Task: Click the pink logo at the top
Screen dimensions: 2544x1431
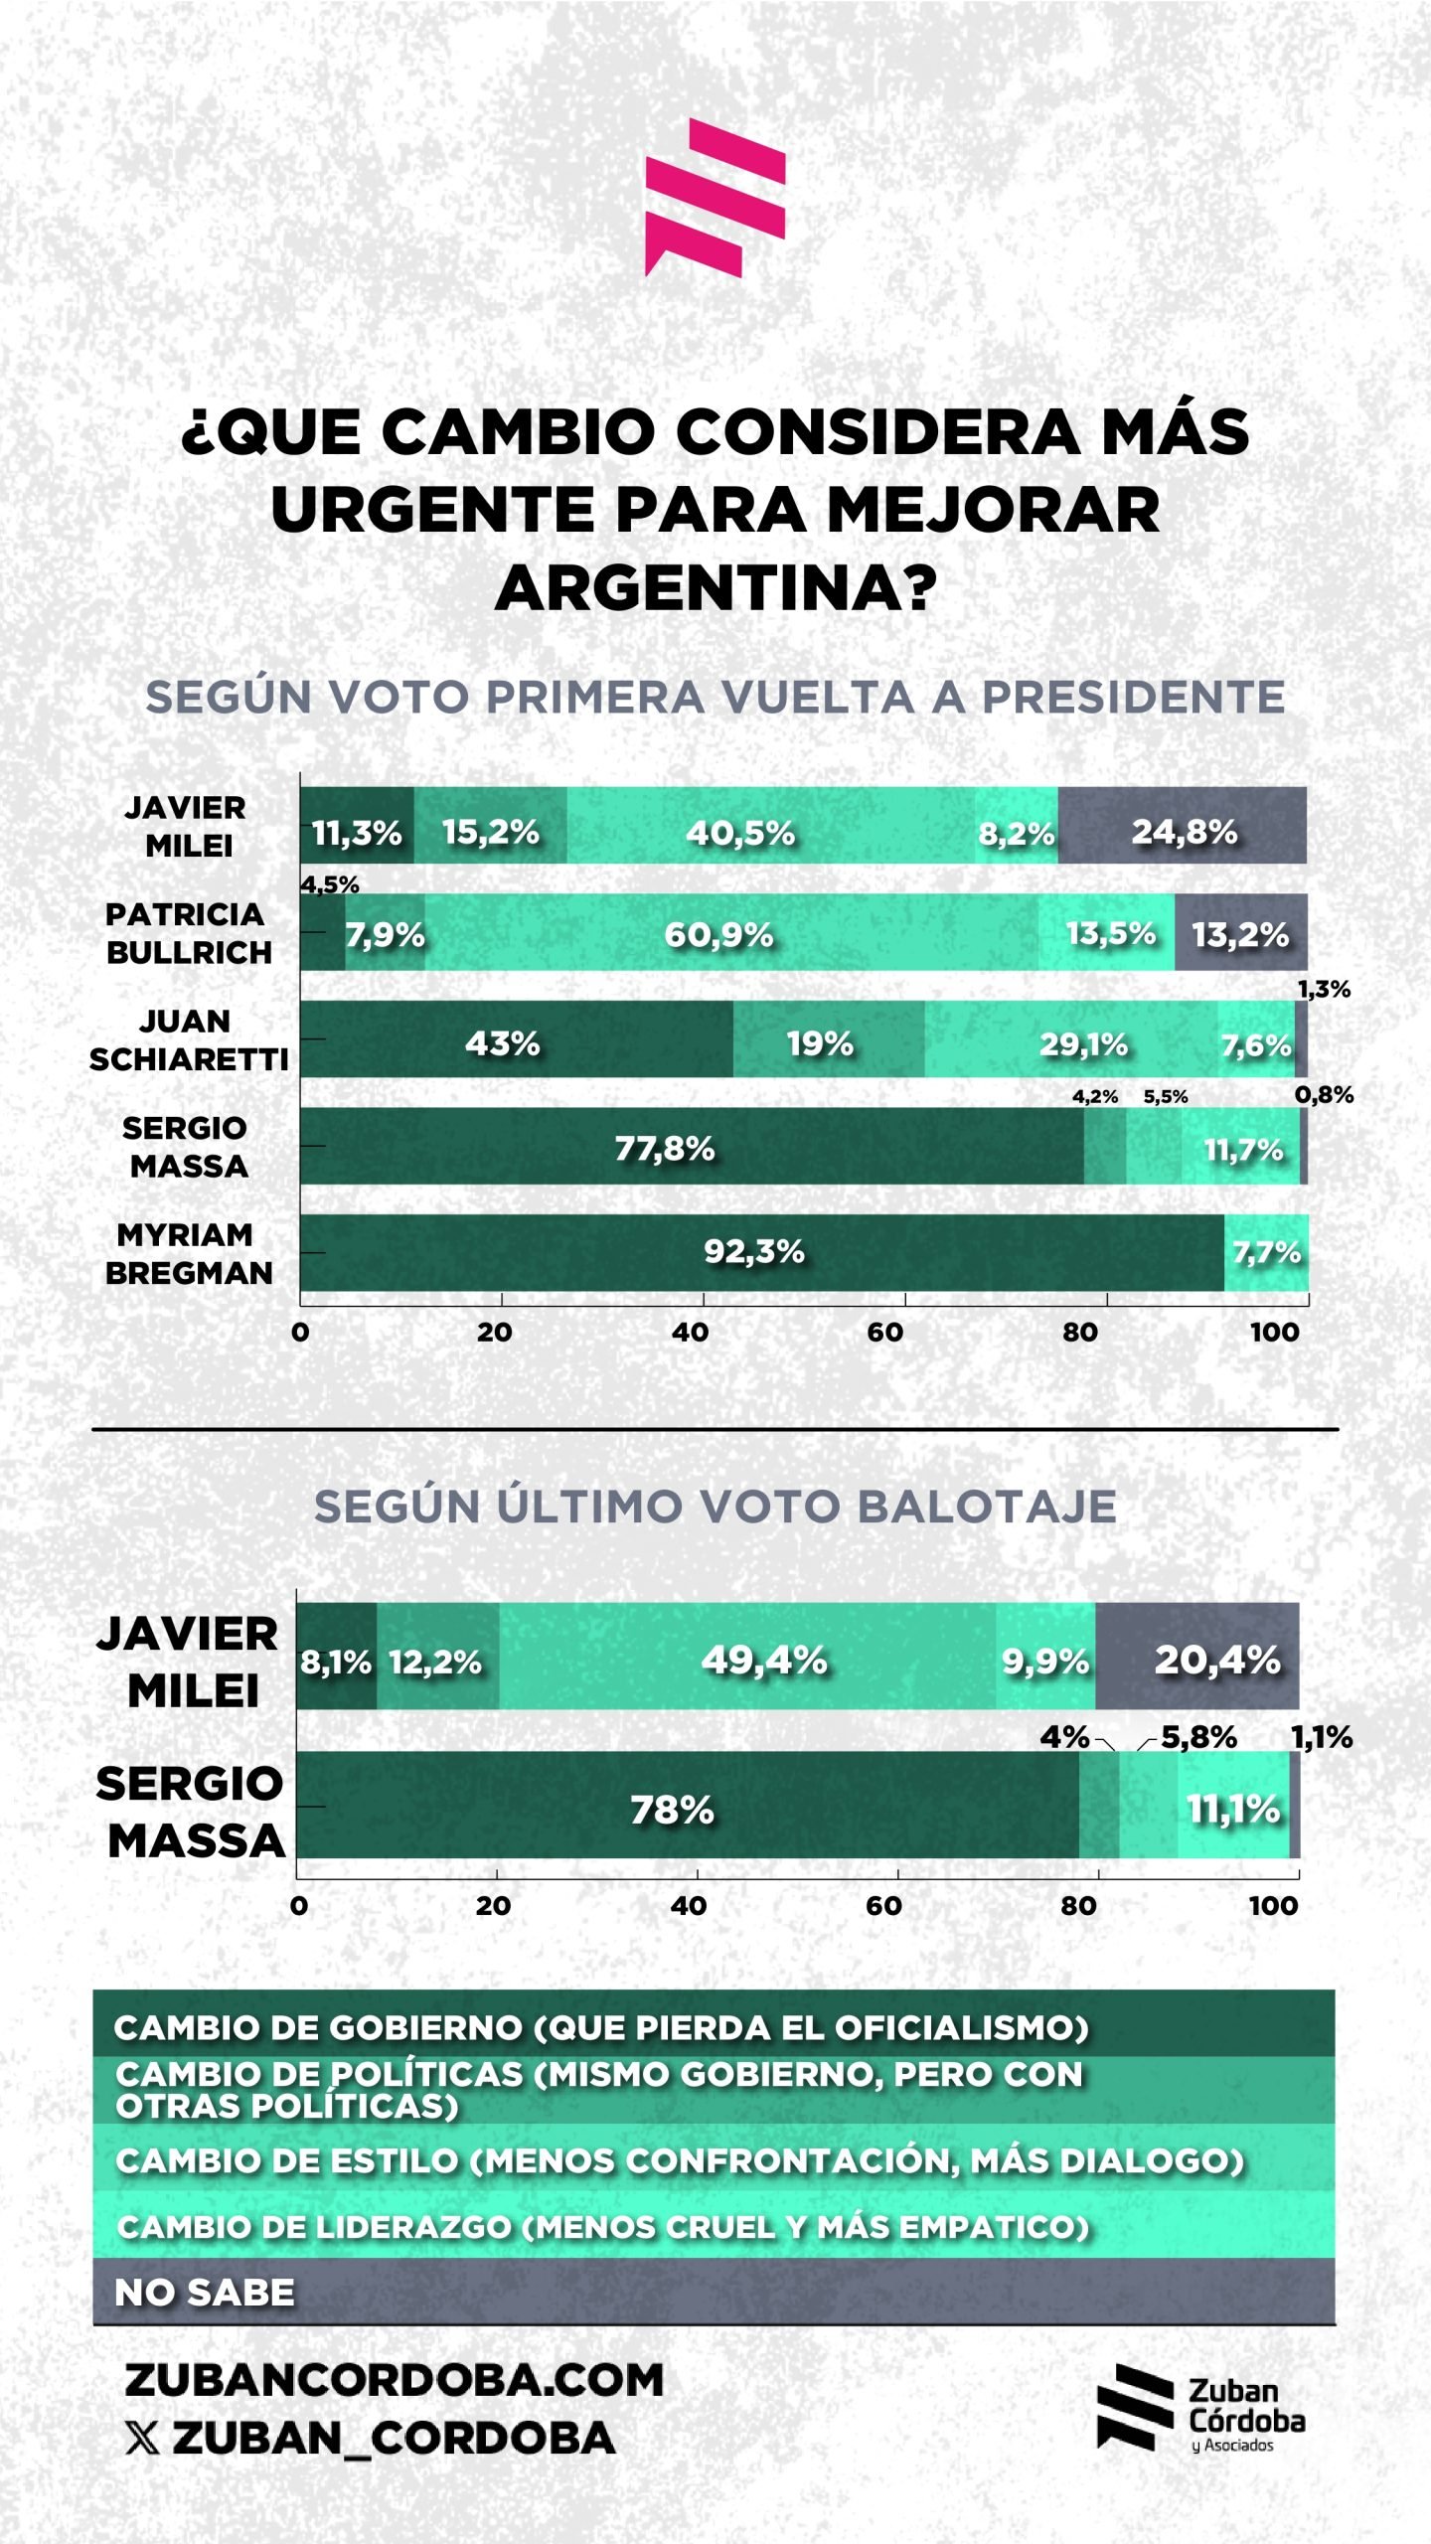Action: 715,197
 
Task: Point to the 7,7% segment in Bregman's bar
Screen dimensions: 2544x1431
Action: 1266,1252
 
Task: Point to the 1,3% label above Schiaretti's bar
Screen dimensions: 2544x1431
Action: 1324,989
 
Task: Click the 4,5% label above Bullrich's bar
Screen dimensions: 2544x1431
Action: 330,883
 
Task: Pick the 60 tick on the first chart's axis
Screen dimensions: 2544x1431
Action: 885,1332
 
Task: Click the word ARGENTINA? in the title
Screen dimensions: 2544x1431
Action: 715,588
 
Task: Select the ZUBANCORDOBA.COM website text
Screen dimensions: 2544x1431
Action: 394,2380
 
